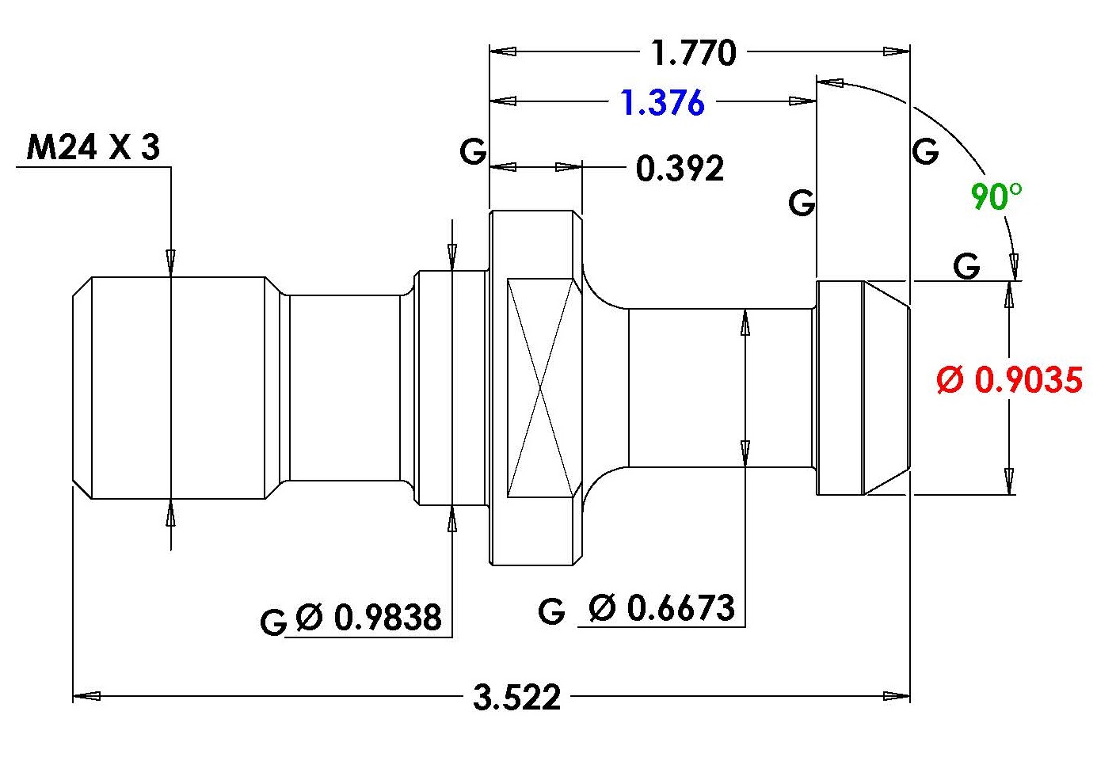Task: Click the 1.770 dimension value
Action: point(694,52)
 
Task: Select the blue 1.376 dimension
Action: point(663,103)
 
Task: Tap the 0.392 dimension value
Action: point(680,168)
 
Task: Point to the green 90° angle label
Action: point(996,196)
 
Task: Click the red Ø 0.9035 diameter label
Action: point(1009,379)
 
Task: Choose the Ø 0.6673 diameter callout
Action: point(661,608)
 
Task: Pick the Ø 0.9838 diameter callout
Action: point(369,617)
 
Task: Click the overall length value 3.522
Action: point(516,697)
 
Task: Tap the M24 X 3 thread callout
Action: point(93,147)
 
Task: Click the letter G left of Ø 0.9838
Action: point(273,622)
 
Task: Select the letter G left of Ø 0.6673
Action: point(551,611)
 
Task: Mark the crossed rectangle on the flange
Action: point(539,388)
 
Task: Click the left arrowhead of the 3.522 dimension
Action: point(86,696)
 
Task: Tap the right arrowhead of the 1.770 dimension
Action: point(896,51)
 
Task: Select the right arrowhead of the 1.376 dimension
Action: point(802,101)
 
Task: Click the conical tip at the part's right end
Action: point(886,388)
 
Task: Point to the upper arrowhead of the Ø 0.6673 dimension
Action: point(745,322)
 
